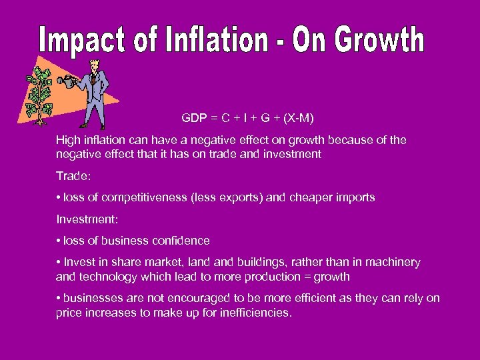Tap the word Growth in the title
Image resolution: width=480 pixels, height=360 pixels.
click(378, 40)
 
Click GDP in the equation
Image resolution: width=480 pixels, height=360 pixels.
click(193, 119)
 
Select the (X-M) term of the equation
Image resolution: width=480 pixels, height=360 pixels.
click(298, 119)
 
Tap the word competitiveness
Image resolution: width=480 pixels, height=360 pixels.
click(127, 197)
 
